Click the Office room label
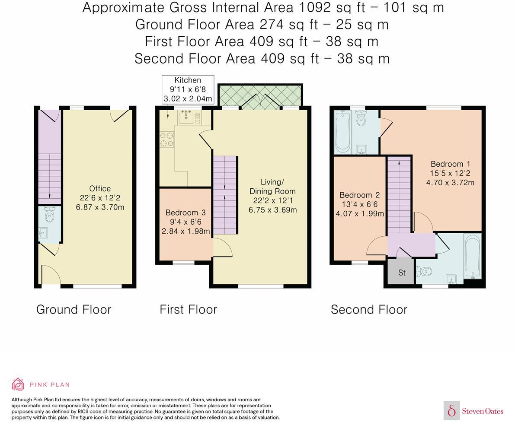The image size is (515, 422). pos(100,198)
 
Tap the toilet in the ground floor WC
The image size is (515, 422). pos(50,214)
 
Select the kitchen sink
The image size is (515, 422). pos(186,117)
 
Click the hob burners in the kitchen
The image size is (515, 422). pos(167,139)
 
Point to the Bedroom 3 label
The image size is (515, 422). pos(186,222)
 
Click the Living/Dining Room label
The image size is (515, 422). pos(272,196)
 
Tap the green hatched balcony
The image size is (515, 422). pos(260,95)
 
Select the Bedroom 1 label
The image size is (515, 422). pos(450,173)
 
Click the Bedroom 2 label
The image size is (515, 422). pos(360,204)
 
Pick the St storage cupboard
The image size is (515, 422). pos(402,272)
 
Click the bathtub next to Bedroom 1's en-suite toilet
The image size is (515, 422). pos(342,132)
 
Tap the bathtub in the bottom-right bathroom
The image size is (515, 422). pos(472,256)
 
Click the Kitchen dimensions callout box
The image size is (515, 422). pos(188,89)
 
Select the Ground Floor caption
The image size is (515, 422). pos(74,309)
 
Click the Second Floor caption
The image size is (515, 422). pos(369,309)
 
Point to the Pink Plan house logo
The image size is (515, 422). pos(18,384)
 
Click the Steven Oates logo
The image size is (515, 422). pos(474,411)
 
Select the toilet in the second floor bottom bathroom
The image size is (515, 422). pos(424,272)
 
